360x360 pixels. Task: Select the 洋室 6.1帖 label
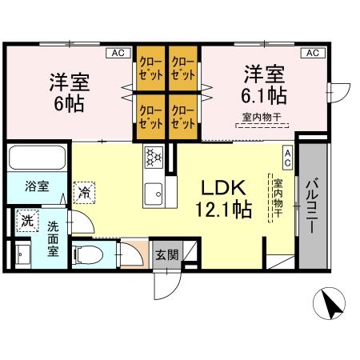265,85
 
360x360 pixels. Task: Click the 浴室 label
36,186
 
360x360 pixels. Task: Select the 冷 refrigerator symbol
84,192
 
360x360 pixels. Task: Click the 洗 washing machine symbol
26,220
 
